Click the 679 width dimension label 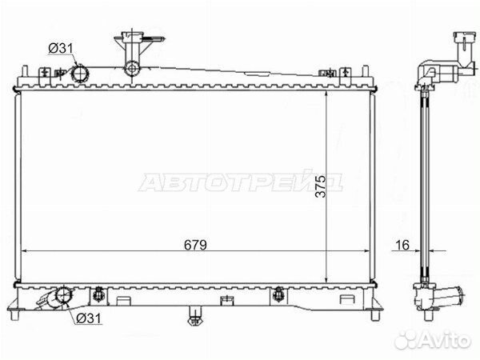[195, 245]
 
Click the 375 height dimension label [321, 186]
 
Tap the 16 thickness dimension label [402, 245]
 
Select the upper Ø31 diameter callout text [61, 48]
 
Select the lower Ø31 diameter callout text [88, 318]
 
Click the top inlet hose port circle [80, 74]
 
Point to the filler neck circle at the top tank [132, 69]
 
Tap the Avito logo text [433, 339]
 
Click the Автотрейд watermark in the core [240, 182]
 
